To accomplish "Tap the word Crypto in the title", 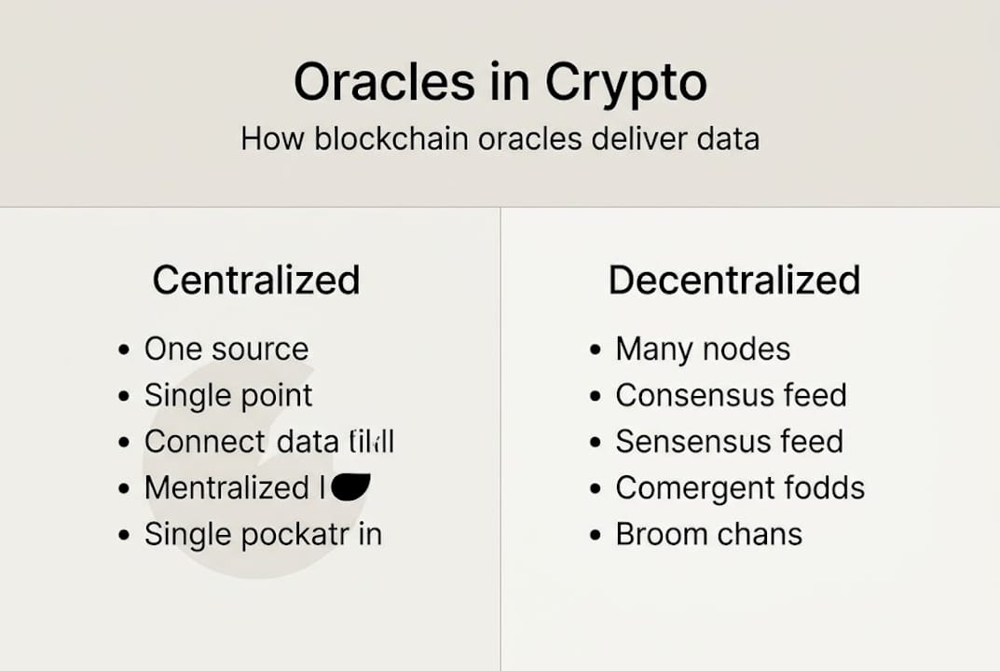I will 626,84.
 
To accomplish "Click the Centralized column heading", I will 256,281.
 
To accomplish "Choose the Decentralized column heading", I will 734,281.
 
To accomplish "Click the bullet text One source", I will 226,349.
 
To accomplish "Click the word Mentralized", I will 226,487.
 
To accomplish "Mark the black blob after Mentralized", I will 350,486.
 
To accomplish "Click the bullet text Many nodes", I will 703,349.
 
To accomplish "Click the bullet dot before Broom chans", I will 596,536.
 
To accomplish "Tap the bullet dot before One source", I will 125,350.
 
